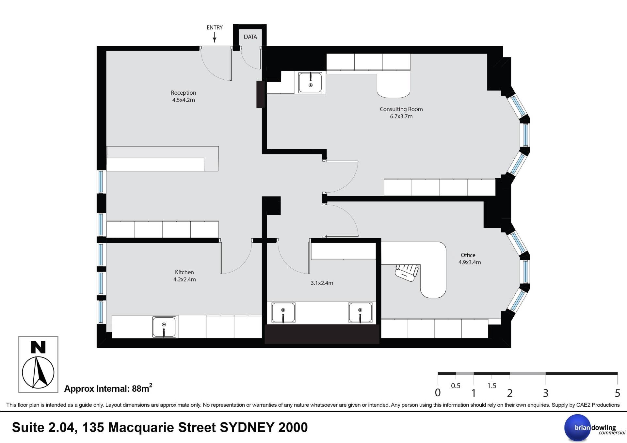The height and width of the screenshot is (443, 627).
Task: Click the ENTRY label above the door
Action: coord(215,28)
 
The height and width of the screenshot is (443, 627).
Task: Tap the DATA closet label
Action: coord(250,37)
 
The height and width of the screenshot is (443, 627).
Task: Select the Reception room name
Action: coord(184,93)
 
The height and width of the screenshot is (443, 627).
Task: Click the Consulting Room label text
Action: coord(401,109)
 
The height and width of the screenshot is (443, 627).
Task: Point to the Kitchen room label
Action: coord(184,272)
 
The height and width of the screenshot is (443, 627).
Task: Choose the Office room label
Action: coord(468,255)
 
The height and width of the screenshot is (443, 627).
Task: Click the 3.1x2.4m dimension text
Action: coord(322,283)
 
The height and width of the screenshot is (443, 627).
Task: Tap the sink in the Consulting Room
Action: coord(310,83)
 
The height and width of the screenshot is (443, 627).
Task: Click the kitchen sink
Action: coord(164,327)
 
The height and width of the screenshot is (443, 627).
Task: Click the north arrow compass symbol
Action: coord(38,372)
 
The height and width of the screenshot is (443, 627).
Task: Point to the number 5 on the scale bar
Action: coord(617,393)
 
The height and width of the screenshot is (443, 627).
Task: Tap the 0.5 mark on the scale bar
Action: coord(456,386)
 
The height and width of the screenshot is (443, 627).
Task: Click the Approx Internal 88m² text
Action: coord(108,388)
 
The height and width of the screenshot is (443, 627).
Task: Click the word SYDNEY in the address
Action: coord(247,427)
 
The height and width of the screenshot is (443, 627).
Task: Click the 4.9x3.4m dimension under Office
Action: coord(470,262)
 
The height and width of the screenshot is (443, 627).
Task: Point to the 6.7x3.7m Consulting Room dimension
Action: coord(401,116)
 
